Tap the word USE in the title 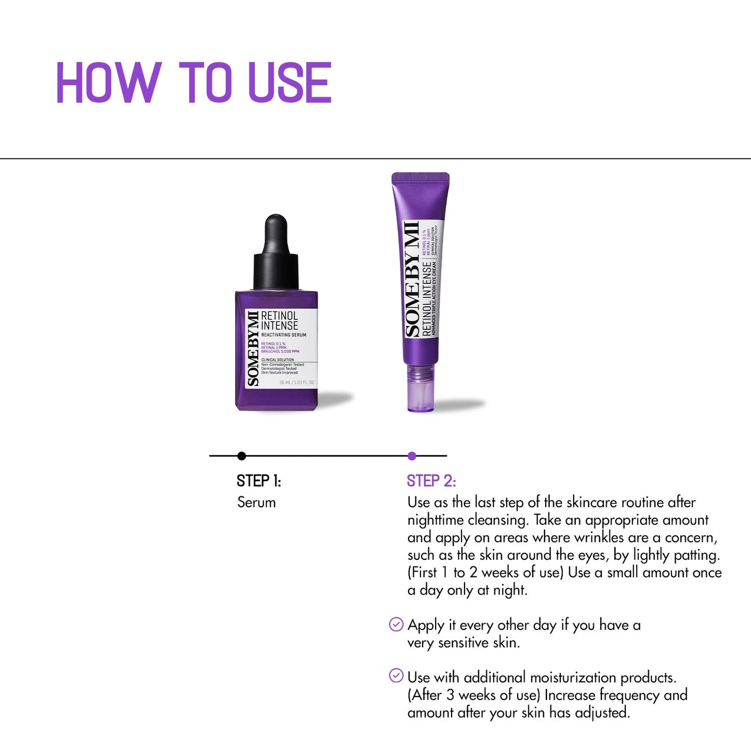point(289,83)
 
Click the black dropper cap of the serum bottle point(276,255)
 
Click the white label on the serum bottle point(281,348)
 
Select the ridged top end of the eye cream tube point(420,178)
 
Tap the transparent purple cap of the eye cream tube point(420,387)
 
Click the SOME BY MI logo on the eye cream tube point(412,279)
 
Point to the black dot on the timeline point(242,456)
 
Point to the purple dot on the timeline point(412,456)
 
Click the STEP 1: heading point(259,481)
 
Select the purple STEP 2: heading point(431,481)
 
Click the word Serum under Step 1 point(256,503)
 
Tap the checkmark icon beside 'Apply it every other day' point(396,624)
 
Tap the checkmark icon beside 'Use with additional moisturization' point(396,676)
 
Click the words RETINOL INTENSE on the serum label point(280,321)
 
